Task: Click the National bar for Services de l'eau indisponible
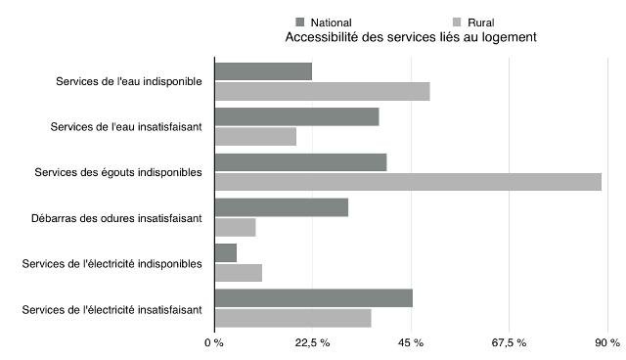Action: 263,71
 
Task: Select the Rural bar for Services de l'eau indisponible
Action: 322,91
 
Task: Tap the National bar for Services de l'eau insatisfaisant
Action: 296,116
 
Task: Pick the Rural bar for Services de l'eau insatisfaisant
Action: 255,136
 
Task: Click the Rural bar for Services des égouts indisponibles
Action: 408,181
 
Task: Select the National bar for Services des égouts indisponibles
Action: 300,162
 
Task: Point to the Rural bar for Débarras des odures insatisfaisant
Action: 235,227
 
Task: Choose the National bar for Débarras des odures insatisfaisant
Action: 281,207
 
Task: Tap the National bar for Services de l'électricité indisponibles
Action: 225,252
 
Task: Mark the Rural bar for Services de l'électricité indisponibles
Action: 238,272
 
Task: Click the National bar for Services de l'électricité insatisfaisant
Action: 313,298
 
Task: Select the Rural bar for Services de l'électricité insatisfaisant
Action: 292,318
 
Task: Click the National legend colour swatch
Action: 300,22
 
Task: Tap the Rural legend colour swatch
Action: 456,22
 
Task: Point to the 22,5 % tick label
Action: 312,343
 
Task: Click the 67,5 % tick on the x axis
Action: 509,343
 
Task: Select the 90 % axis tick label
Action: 607,343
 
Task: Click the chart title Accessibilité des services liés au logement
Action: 410,37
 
